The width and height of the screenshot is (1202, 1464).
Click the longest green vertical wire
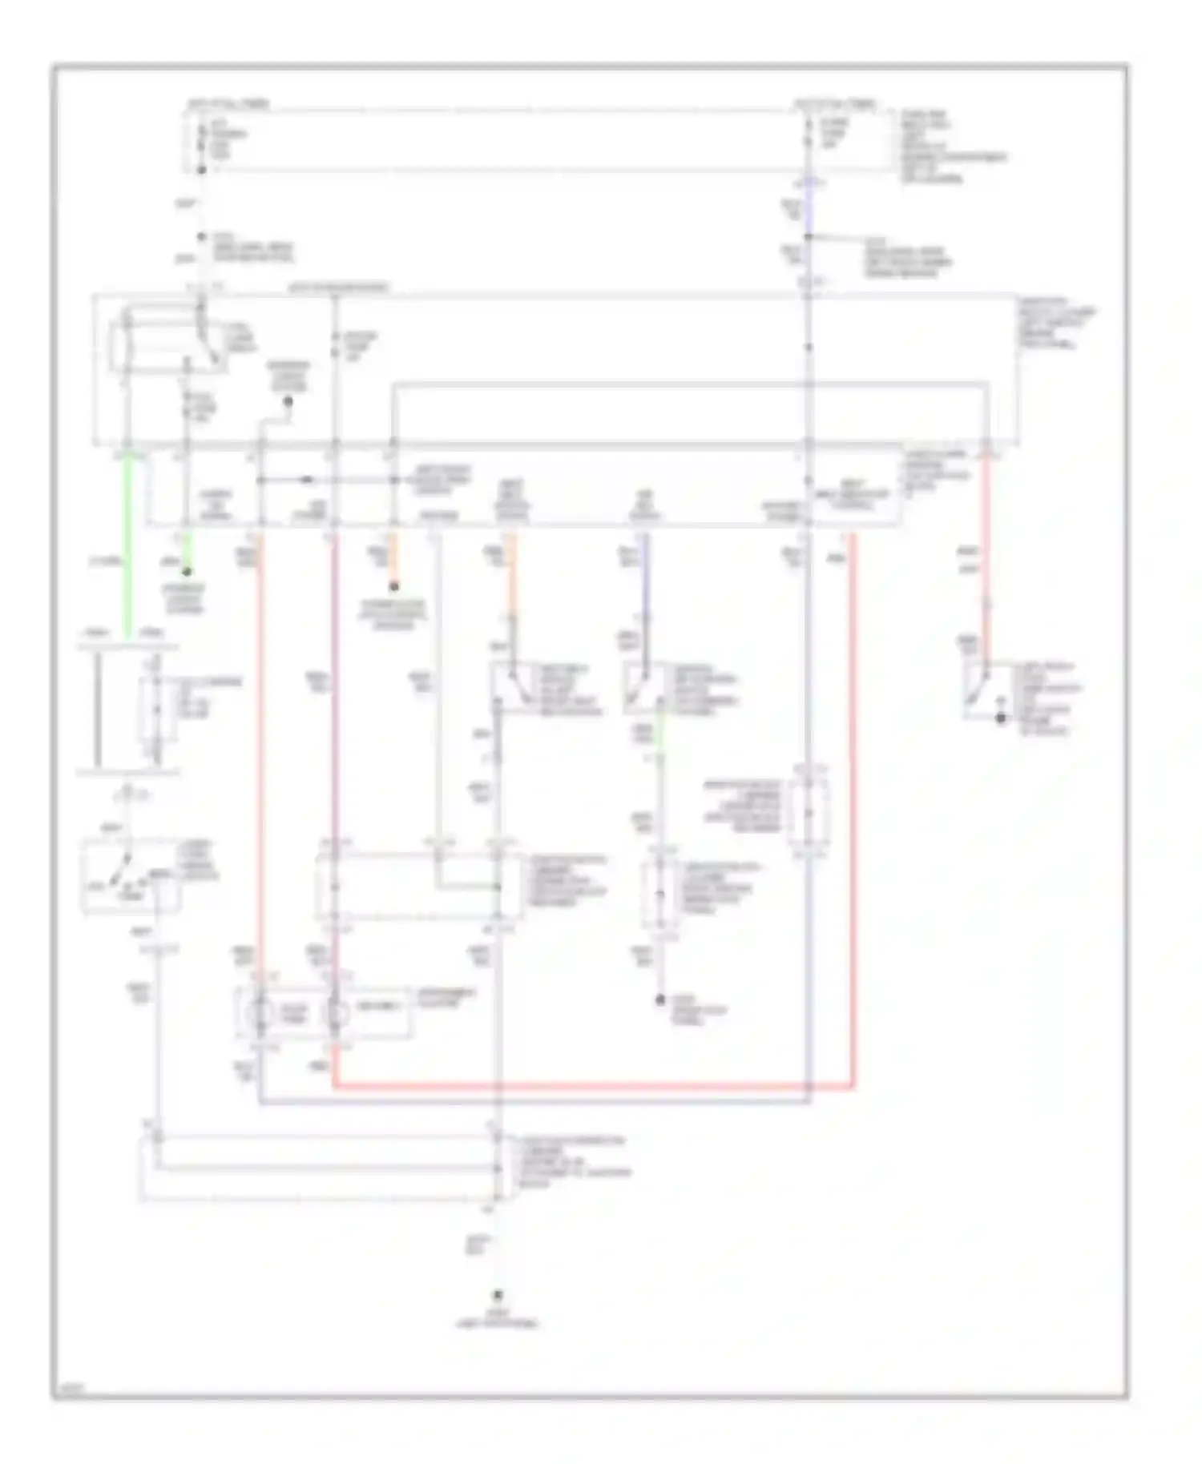click(127, 553)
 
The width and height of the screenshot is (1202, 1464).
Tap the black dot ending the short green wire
click(187, 572)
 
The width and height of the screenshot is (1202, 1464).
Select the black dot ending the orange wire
click(393, 587)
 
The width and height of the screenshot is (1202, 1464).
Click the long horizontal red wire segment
click(593, 1087)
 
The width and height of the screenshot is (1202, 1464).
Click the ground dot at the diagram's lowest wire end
click(497, 1294)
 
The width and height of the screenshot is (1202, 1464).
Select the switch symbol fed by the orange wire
click(513, 687)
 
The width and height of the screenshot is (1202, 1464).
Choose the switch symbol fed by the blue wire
click(644, 687)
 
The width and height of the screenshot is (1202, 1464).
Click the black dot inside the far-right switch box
click(1000, 718)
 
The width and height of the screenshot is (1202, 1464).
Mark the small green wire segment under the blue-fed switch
click(660, 724)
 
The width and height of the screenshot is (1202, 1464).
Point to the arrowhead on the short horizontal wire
click(308, 481)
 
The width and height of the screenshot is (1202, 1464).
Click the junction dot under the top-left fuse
click(202, 171)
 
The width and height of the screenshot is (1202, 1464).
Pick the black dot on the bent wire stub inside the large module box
click(288, 400)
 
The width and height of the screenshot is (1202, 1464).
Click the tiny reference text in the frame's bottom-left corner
click(72, 1390)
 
